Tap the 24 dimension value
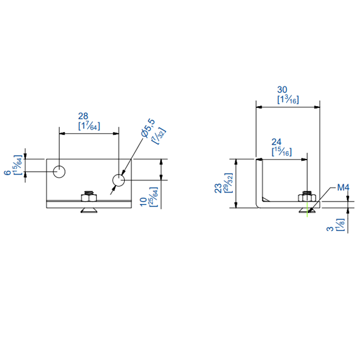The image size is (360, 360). coord(277,142)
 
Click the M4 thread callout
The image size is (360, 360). coord(343,188)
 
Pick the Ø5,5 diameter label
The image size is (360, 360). coord(147,128)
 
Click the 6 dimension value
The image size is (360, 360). coord(7,172)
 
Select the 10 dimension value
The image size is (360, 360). coord(143,201)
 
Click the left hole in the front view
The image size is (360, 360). coord(59,172)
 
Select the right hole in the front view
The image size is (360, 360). coord(119,179)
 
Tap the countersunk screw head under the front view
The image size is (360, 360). coord(88,210)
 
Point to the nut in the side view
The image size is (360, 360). coord(307,197)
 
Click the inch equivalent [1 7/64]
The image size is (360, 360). coord(89,125)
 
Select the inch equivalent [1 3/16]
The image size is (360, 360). coord(288,100)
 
